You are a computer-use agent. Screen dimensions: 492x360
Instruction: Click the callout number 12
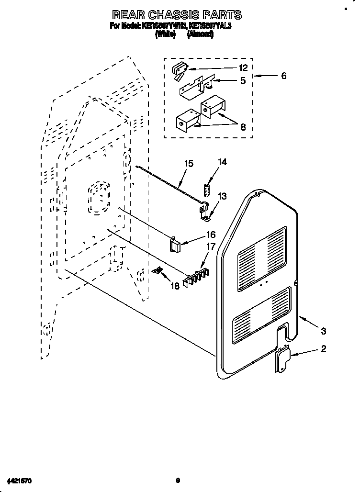pyautogui.click(x=243, y=67)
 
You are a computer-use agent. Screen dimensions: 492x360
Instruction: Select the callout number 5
pyautogui.click(x=243, y=81)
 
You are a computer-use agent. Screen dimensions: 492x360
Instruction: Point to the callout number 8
pyautogui.click(x=243, y=127)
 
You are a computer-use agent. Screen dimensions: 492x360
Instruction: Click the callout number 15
pyautogui.click(x=189, y=164)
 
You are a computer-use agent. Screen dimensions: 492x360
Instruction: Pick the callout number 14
pyautogui.click(x=222, y=163)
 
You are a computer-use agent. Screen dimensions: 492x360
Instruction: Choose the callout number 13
pyautogui.click(x=223, y=196)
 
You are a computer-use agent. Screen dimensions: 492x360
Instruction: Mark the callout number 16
pyautogui.click(x=210, y=235)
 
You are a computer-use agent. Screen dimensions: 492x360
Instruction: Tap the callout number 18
pyautogui.click(x=175, y=286)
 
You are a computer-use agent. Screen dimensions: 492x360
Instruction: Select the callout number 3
pyautogui.click(x=324, y=330)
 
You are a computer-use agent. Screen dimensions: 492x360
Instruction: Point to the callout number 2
pyautogui.click(x=324, y=349)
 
